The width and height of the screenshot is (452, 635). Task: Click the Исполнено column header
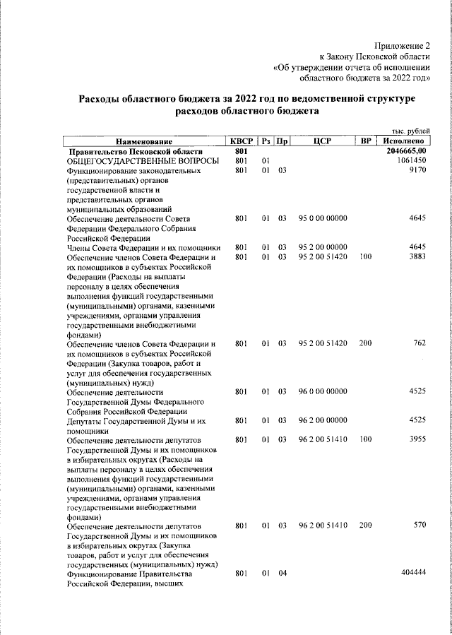coord(406,141)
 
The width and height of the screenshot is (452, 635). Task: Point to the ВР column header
coord(366,141)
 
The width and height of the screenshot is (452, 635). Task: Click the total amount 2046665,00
coord(406,151)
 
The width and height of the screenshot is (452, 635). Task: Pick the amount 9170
coord(417,171)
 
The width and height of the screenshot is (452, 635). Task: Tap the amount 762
coord(419,343)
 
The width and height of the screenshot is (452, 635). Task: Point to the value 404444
coord(412,574)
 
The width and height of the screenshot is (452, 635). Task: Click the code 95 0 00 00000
coord(323,219)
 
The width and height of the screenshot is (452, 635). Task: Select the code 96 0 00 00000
coord(323,391)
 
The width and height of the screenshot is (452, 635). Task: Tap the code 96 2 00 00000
coord(323,420)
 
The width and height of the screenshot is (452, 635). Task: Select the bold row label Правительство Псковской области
coord(136,151)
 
